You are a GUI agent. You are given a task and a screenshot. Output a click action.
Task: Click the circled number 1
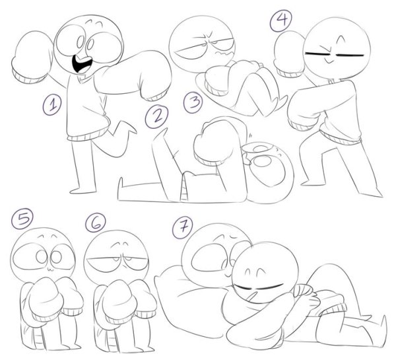click(52, 104)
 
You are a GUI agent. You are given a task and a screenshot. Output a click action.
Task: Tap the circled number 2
click(156, 117)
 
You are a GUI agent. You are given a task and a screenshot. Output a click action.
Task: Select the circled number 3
click(193, 102)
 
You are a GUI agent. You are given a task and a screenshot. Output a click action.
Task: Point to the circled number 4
click(281, 20)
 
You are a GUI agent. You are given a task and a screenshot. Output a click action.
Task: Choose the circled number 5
click(22, 219)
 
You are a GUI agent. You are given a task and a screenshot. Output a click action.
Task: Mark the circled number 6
click(96, 223)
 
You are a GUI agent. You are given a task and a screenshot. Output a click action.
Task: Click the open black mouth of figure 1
click(82, 63)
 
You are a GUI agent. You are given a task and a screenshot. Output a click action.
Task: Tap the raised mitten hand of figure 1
click(32, 57)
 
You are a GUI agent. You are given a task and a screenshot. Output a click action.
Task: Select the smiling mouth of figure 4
click(328, 61)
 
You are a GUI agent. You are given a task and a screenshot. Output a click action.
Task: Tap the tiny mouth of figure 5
click(50, 269)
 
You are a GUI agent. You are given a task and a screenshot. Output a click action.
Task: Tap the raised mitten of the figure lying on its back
click(217, 141)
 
